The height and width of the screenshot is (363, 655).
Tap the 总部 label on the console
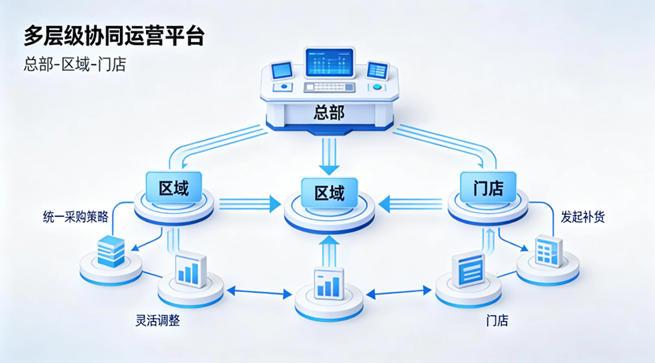tap(328, 113)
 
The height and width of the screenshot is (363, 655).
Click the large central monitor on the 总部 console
tap(329, 62)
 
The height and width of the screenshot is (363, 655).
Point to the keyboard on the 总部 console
tap(330, 87)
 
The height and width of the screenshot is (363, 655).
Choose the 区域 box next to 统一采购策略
tap(174, 188)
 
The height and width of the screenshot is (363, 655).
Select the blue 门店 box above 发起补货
tap(488, 188)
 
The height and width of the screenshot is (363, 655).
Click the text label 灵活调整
tap(158, 321)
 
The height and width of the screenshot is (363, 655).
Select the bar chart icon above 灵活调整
tap(190, 269)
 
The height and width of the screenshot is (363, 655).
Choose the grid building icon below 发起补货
tap(548, 251)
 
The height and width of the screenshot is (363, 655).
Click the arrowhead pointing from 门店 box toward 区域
tap(384, 204)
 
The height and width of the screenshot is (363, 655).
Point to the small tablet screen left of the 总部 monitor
tap(282, 71)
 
